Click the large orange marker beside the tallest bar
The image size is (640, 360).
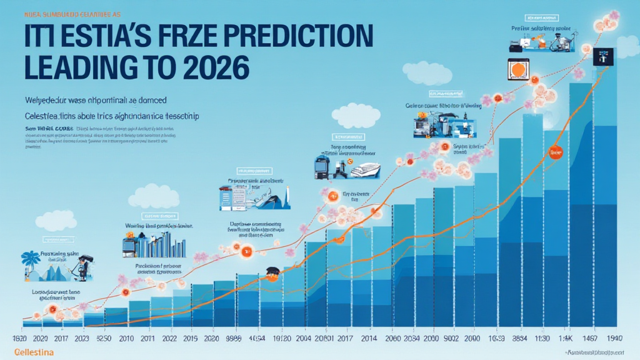pos(554,152)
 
